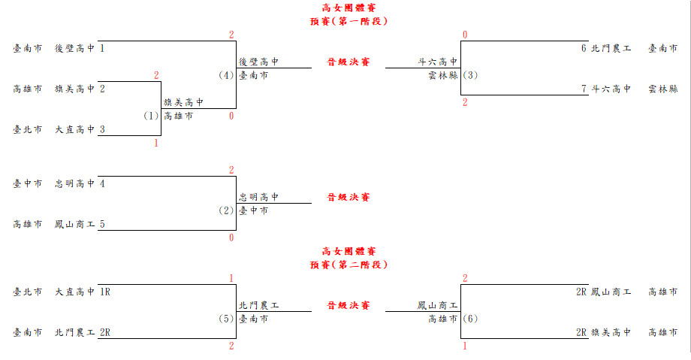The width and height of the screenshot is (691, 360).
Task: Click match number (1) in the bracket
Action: [151, 116]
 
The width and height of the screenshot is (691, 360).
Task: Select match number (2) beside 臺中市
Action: [226, 210]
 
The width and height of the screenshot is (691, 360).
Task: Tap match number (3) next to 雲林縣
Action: [470, 75]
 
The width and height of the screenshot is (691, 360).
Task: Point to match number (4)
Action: [226, 75]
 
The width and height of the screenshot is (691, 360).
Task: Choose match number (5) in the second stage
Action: [226, 319]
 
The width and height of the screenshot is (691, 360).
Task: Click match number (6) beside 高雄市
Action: [470, 319]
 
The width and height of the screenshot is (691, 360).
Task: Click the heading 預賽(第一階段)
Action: [349, 21]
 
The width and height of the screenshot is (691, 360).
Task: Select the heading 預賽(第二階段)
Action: [349, 265]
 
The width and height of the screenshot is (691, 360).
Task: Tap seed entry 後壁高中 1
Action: [80, 48]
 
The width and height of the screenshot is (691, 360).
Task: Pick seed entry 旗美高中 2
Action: [80, 89]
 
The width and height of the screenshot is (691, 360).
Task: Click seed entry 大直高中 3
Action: [80, 129]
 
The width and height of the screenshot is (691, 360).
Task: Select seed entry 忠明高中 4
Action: [80, 183]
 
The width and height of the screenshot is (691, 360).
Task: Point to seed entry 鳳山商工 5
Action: [80, 224]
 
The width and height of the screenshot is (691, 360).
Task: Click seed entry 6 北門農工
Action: [606, 48]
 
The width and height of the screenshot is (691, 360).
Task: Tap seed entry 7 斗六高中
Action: [606, 89]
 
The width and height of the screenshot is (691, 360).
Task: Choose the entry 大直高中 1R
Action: [83, 292]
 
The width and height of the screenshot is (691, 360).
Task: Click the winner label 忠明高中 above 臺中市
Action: [258, 197]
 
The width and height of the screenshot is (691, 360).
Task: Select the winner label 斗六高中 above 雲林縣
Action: [438, 62]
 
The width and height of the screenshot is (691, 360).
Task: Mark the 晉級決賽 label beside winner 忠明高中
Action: [349, 197]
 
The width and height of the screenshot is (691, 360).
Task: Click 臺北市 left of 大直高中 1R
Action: [27, 292]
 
